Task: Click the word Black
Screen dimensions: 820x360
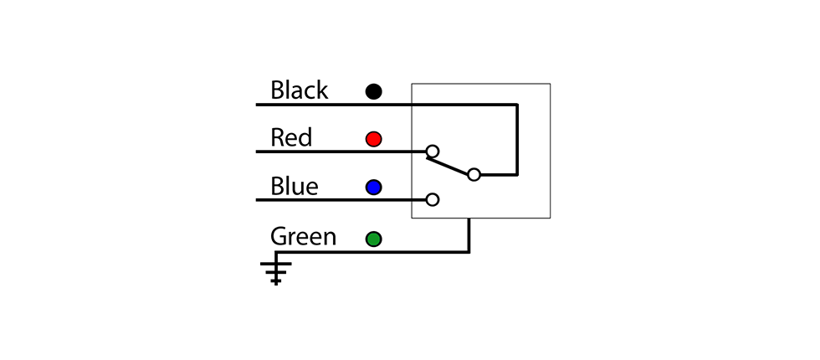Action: coord(300,90)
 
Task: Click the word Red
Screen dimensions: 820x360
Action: coord(291,137)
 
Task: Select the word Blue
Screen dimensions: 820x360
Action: coord(295,186)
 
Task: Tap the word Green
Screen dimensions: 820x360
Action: coord(303,236)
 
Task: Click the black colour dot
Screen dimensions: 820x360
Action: coord(373,91)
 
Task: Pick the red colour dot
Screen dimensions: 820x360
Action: coord(373,139)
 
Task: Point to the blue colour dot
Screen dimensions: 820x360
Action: coord(373,188)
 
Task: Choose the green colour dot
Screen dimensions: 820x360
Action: coord(373,239)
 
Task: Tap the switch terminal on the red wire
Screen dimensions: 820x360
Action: coord(433,152)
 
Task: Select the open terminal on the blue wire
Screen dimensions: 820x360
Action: coord(433,199)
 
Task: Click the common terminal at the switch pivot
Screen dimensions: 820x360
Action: coord(474,175)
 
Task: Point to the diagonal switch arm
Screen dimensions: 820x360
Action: coord(447,166)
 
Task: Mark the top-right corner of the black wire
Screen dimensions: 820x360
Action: coord(517,105)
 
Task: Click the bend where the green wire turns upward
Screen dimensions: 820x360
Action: coord(469,252)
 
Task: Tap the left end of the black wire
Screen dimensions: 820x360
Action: coord(256,105)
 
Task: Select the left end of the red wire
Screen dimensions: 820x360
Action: coord(256,152)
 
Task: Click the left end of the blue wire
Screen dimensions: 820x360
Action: coord(256,200)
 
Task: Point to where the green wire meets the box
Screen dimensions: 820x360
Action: coord(469,219)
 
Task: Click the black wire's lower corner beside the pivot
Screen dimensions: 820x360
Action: coord(517,175)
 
